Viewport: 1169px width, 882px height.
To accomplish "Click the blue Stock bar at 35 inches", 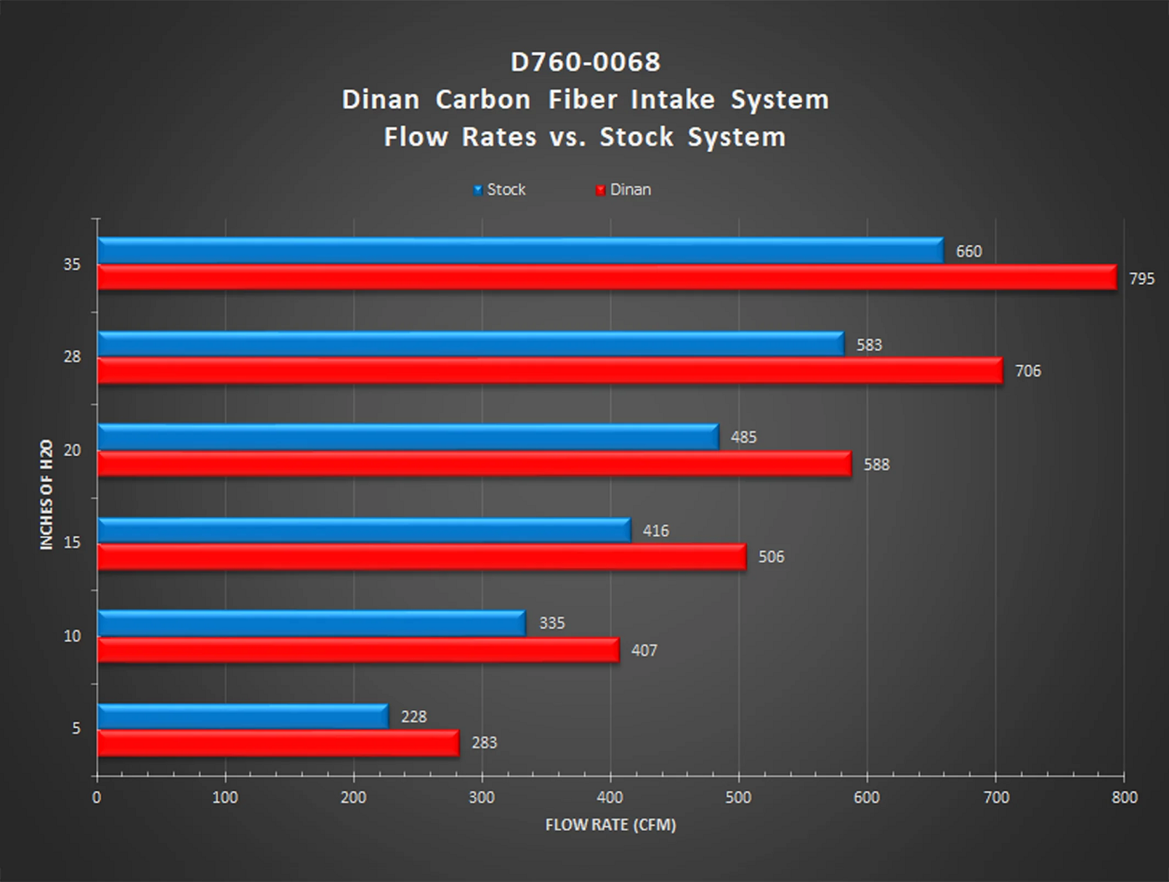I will (519, 251).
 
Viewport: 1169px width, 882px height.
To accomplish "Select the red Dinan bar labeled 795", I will (606, 277).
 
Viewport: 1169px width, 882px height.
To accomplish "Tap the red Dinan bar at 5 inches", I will (278, 743).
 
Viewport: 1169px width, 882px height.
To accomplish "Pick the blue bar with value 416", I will (363, 530).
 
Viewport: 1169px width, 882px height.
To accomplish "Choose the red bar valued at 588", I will (473, 464).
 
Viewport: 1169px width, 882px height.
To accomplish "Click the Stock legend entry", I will (499, 190).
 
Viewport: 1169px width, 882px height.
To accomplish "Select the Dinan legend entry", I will (623, 190).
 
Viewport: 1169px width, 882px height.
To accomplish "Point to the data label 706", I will (1028, 371).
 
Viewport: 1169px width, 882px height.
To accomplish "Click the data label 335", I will (552, 623).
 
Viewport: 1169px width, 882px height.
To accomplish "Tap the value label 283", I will (484, 743).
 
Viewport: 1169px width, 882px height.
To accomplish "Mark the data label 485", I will (743, 437).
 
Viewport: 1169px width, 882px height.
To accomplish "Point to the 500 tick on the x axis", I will (738, 798).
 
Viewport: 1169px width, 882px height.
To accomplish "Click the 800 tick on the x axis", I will (1124, 798).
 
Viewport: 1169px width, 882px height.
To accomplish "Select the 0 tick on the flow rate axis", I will (97, 798).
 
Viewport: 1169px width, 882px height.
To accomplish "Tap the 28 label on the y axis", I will (73, 357).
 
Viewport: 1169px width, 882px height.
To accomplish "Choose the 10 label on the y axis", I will (73, 636).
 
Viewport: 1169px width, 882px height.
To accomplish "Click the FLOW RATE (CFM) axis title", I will (610, 825).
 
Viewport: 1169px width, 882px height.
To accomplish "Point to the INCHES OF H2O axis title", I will (47, 494).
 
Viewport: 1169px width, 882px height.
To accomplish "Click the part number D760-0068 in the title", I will (585, 62).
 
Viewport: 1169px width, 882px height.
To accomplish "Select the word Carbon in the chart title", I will (483, 99).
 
